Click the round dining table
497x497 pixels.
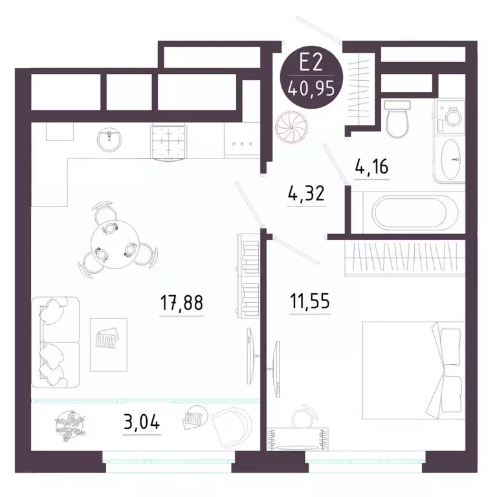tap(110, 240)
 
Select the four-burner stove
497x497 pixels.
tap(168, 140)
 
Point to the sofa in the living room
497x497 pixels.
tap(55, 339)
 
